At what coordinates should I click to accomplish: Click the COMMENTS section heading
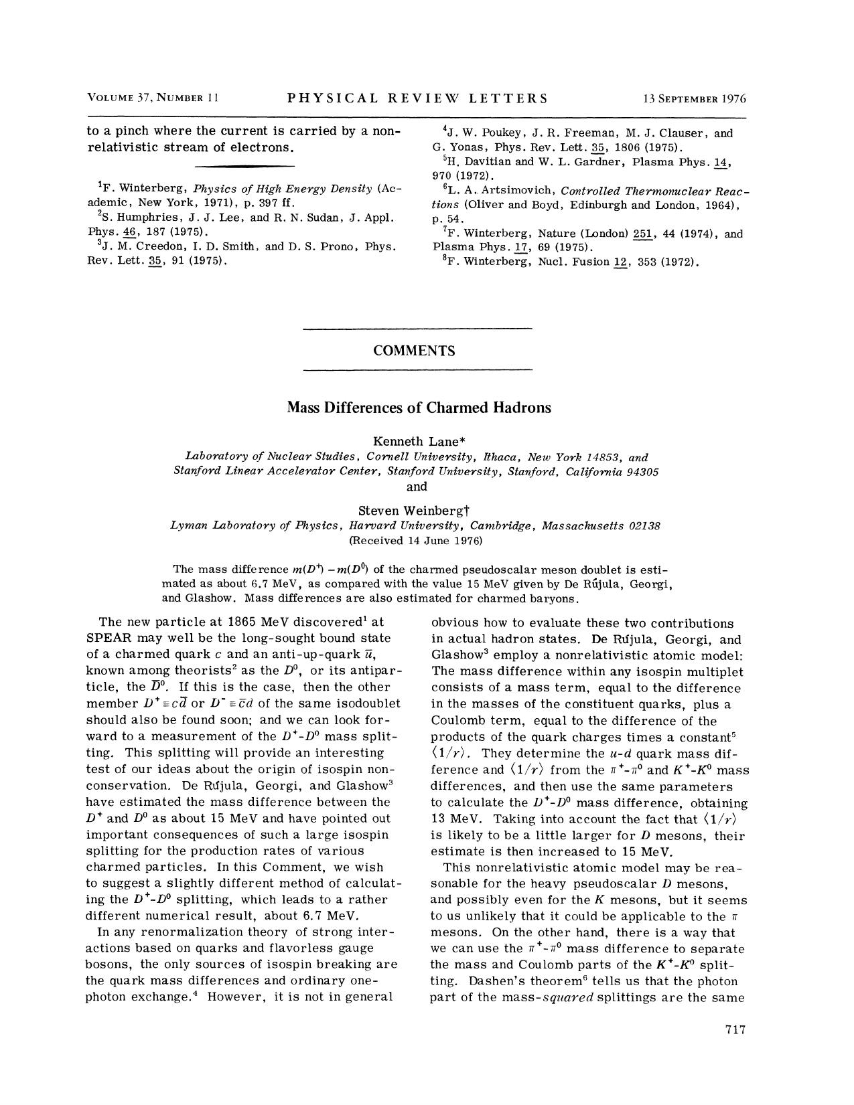(x=417, y=351)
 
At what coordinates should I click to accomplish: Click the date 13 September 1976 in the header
(x=694, y=99)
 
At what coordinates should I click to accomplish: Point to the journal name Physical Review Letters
(x=417, y=99)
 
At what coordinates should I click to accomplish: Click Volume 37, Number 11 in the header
(x=153, y=99)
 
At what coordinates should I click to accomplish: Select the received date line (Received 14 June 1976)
(x=416, y=540)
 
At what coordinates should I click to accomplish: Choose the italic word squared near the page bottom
(x=565, y=998)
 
